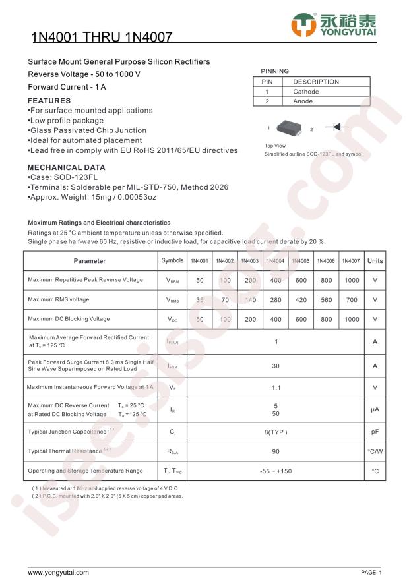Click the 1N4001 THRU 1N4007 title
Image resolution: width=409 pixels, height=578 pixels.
click(x=102, y=39)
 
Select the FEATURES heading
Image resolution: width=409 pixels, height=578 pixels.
click(x=49, y=101)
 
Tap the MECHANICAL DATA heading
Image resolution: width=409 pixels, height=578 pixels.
click(x=66, y=167)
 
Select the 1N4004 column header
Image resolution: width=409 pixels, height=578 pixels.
click(x=275, y=261)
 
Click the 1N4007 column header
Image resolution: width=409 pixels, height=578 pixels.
click(x=351, y=261)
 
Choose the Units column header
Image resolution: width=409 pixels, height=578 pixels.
click(x=375, y=261)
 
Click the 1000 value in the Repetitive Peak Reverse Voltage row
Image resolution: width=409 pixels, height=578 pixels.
click(x=352, y=280)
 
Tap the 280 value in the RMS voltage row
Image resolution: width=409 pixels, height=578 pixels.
click(x=275, y=300)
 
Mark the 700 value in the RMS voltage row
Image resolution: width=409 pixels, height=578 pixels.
click(x=352, y=300)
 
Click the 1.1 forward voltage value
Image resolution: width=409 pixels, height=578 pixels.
click(x=276, y=388)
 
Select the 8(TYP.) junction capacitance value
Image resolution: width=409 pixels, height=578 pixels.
click(x=276, y=432)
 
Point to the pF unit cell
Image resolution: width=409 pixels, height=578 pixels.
click(x=375, y=432)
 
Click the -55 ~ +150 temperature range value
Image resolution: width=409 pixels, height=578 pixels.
click(x=276, y=471)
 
